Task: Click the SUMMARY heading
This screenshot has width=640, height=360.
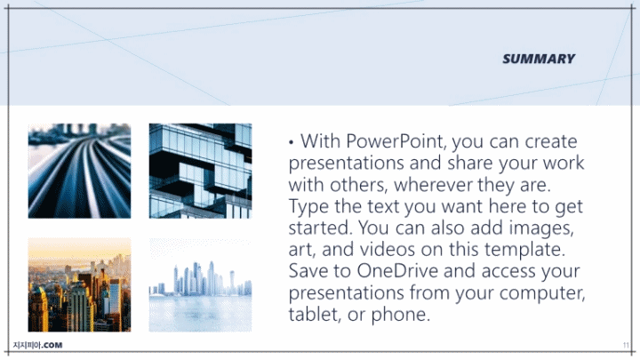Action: pyautogui.click(x=539, y=59)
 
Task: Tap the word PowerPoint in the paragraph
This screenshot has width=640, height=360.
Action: pyautogui.click(x=396, y=141)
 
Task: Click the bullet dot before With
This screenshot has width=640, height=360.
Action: pyautogui.click(x=291, y=142)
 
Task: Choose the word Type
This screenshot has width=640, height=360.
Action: pyautogui.click(x=309, y=206)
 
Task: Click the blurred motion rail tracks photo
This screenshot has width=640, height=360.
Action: pyautogui.click(x=80, y=171)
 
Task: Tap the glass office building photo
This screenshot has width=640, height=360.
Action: pyautogui.click(x=200, y=171)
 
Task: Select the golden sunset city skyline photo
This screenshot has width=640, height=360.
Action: pyautogui.click(x=80, y=285)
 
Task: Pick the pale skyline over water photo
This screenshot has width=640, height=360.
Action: pyautogui.click(x=200, y=285)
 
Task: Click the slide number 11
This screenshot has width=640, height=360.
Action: pyautogui.click(x=626, y=345)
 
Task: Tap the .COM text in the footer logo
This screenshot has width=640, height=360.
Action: pyautogui.click(x=52, y=345)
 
